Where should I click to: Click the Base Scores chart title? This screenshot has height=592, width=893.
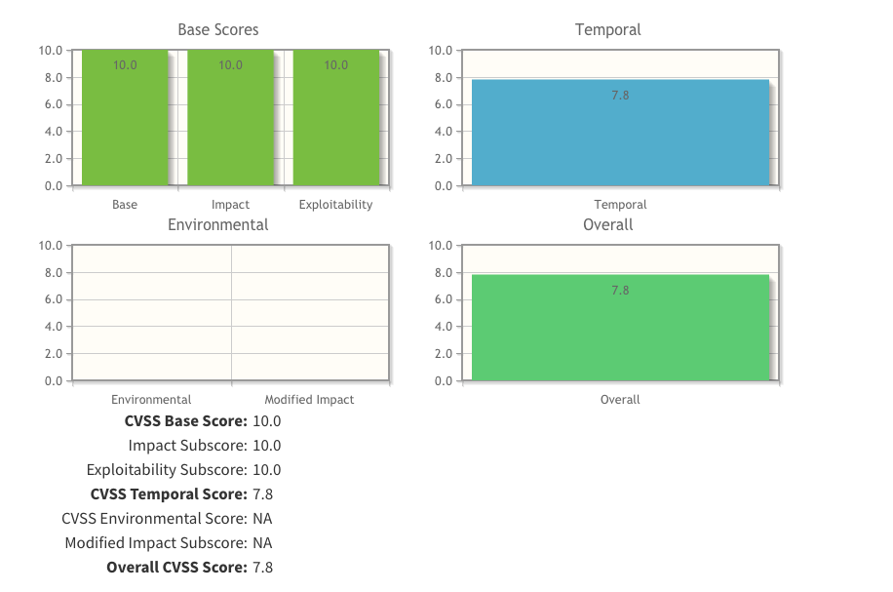[218, 30]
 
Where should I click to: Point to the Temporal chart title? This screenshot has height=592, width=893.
[608, 30]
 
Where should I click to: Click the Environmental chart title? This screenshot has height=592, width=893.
[218, 225]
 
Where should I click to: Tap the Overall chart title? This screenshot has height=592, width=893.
[608, 225]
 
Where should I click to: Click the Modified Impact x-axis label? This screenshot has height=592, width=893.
[309, 400]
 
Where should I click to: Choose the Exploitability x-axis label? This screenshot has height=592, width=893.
[335, 205]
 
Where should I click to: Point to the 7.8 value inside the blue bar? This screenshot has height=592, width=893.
[620, 96]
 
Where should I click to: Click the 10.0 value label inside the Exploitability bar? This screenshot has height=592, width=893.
[335, 65]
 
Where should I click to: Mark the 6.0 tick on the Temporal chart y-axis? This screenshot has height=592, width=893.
[441, 104]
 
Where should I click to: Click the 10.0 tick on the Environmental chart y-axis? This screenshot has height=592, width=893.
[51, 246]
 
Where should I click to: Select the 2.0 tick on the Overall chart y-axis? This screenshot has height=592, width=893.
[441, 354]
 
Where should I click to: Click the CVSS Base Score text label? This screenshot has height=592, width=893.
[185, 422]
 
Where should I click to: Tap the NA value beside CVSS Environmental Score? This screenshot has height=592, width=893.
[262, 519]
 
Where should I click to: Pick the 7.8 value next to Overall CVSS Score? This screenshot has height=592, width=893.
[262, 568]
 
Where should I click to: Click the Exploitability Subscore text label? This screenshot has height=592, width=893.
[167, 470]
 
